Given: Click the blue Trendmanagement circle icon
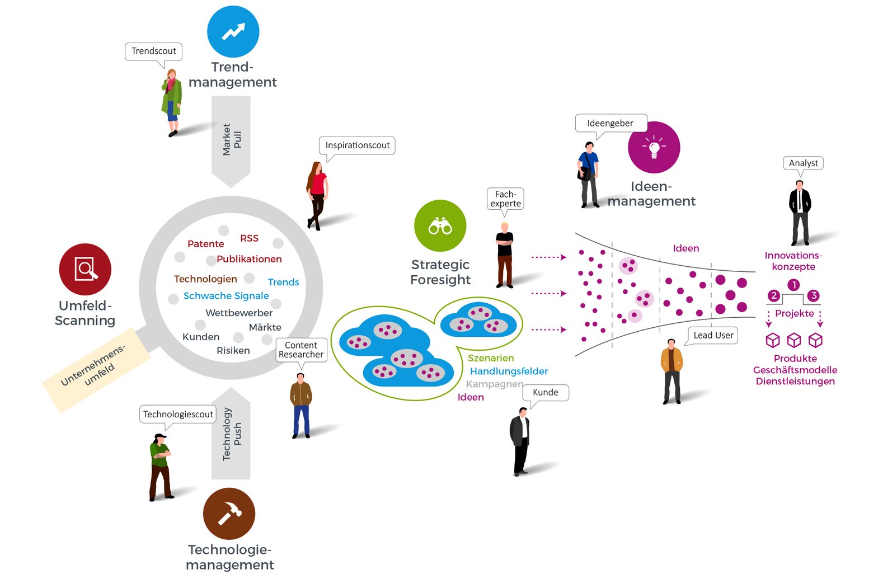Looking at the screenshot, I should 233,32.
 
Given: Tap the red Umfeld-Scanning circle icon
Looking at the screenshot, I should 85,269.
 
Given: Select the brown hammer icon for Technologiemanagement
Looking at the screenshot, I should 229,514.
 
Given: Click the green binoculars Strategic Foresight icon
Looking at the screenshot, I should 440,226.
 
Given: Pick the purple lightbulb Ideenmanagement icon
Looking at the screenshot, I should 654,147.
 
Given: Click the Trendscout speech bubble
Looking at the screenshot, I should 153,51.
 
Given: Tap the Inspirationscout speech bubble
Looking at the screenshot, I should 357,145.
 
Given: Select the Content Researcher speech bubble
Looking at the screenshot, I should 301,350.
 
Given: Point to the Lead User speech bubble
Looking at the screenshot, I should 713,335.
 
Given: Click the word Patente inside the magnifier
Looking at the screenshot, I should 205,244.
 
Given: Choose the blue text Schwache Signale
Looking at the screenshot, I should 226,296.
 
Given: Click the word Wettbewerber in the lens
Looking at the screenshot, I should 239,313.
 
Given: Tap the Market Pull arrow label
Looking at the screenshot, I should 231,140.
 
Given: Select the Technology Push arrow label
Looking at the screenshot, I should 231,434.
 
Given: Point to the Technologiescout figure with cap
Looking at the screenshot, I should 160,467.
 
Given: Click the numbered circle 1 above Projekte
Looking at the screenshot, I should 793,285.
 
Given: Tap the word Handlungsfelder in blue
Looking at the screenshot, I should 509,371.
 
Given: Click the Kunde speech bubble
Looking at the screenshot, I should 545,393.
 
